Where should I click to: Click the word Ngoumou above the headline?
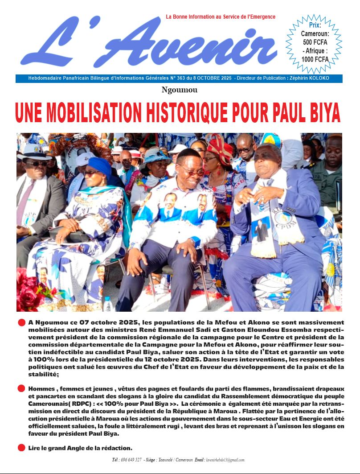(180, 90)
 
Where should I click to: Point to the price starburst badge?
(315, 43)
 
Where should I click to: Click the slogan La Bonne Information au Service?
(220, 17)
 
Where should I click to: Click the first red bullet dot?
(21, 322)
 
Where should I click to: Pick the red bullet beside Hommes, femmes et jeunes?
(21, 388)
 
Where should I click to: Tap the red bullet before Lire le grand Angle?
(21, 448)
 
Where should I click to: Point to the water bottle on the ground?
(107, 304)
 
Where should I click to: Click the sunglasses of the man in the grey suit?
(36, 164)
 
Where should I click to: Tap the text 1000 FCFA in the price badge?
(315, 59)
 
